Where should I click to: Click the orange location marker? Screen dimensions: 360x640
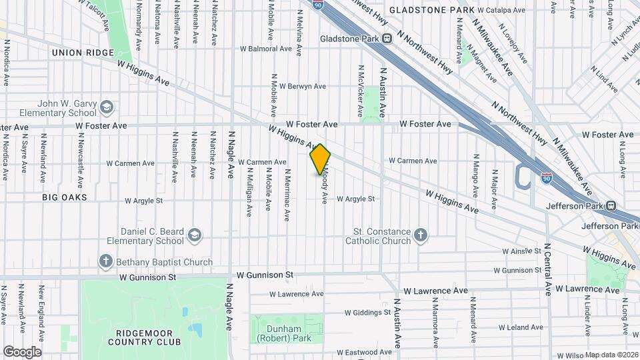pos(320,159)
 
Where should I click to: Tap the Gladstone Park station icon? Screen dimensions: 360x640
pos(387,38)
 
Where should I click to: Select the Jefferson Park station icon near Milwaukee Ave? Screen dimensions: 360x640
pos(612,206)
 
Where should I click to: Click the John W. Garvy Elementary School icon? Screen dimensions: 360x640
pos(106,107)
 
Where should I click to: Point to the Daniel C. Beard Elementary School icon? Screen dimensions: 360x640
pos(194,235)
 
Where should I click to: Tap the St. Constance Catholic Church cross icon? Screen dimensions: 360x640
pos(420,235)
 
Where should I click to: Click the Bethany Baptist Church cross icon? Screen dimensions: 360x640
pos(105,262)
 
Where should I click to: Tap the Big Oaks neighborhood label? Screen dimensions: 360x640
pos(65,197)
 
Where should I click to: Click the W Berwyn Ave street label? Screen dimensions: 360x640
pos(302,86)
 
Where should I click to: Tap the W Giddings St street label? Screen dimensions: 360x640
pos(368,312)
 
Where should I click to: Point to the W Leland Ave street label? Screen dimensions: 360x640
pos(521,327)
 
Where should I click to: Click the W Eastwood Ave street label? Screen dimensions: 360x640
pos(364,351)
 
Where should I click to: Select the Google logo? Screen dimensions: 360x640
pos(22,352)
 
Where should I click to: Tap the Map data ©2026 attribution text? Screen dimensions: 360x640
pos(612,355)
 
